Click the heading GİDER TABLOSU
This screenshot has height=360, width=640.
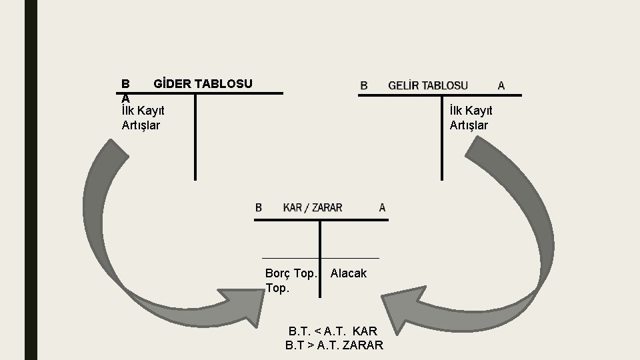(x=203, y=84)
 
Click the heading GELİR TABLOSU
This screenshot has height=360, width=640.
(x=427, y=85)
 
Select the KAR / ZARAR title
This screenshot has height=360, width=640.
(x=313, y=207)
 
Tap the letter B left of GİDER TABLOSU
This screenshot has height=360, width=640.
(x=125, y=84)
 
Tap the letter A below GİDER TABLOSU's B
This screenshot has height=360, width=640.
(x=125, y=97)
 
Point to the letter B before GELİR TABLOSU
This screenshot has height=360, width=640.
(x=364, y=85)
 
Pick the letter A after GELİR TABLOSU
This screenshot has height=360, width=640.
(x=501, y=85)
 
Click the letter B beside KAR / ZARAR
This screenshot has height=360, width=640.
(x=259, y=207)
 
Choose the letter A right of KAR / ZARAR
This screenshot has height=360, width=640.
(x=382, y=207)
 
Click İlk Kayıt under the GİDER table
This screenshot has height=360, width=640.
(x=143, y=111)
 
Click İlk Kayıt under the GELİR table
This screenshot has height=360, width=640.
(x=471, y=111)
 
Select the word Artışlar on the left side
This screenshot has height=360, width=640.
(x=141, y=125)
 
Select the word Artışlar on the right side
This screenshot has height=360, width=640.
(x=469, y=125)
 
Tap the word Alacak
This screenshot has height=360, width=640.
(x=348, y=273)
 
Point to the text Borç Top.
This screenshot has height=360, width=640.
(x=291, y=273)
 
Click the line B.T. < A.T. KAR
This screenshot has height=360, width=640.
(x=333, y=331)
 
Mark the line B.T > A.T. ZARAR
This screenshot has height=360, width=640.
(x=334, y=345)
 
